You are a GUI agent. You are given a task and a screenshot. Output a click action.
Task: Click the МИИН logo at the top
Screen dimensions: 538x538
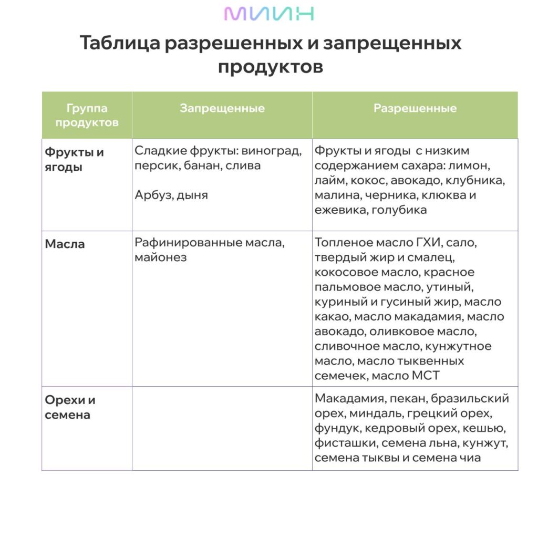click(x=268, y=14)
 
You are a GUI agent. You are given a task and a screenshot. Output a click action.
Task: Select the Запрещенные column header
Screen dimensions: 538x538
click(x=222, y=109)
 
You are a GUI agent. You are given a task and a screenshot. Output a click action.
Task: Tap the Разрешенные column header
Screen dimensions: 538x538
click(x=415, y=109)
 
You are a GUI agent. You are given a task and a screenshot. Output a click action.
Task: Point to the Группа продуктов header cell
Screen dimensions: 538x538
click(x=87, y=116)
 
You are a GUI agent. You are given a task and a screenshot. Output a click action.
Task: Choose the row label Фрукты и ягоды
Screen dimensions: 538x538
click(x=74, y=160)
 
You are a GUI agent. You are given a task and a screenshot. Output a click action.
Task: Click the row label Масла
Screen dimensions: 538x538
click(x=65, y=244)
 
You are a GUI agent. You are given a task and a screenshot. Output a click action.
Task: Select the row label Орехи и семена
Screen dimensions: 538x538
click(x=70, y=407)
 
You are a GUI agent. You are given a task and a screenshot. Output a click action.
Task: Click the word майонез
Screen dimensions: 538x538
click(x=160, y=258)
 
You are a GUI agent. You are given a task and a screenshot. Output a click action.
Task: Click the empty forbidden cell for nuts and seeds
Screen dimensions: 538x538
click(x=222, y=428)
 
